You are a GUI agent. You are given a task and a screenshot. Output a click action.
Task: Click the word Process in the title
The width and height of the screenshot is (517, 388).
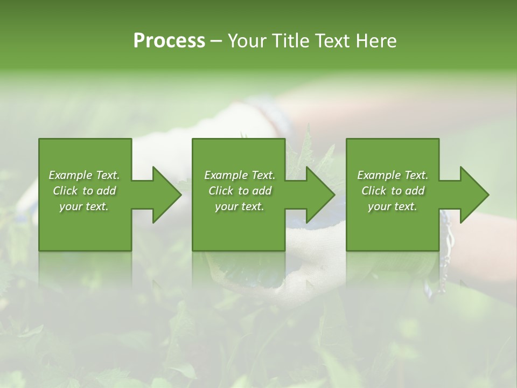[x=169, y=41]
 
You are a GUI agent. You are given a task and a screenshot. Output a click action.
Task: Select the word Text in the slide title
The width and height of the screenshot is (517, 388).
[x=331, y=41]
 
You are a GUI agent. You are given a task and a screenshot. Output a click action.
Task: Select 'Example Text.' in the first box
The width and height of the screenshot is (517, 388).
[x=84, y=175]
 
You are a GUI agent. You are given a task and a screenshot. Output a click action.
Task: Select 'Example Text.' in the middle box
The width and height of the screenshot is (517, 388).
[x=240, y=175]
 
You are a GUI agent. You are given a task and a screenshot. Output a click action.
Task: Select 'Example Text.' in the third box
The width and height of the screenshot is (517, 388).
[x=393, y=175]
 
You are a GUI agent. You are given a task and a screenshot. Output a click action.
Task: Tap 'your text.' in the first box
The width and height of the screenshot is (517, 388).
[x=84, y=206]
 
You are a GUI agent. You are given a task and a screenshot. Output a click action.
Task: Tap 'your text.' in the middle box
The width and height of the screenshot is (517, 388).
[x=240, y=206]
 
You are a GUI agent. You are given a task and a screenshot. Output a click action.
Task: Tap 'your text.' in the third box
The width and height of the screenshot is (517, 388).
[x=393, y=206]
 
